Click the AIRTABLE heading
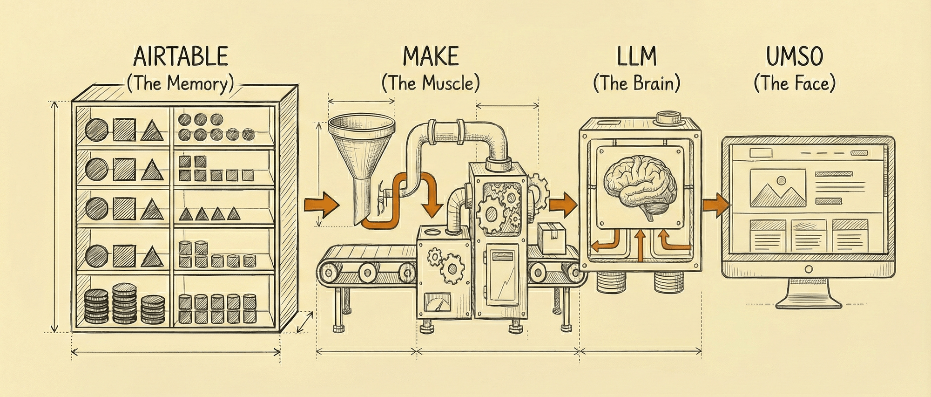[x=181, y=57]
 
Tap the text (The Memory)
[x=180, y=84]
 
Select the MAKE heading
[x=431, y=57]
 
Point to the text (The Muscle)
[x=431, y=84]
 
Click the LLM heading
[x=636, y=57]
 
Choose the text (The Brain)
[x=636, y=84]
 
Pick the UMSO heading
[x=795, y=57]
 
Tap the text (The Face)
[x=795, y=84]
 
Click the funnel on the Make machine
[x=361, y=154]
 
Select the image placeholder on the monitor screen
[x=777, y=188]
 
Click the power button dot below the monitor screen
[x=808, y=269]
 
